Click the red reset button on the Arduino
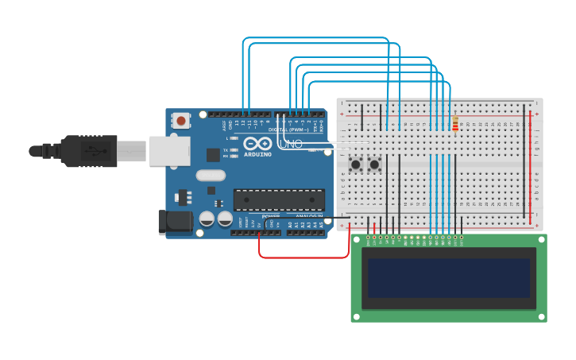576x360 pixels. point(181,121)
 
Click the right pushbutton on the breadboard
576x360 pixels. point(374,165)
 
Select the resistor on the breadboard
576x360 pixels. point(455,124)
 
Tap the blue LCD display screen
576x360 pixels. point(448,277)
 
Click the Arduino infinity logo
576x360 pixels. point(258,144)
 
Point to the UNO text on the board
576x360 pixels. point(292,144)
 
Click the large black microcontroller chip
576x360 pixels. point(278,199)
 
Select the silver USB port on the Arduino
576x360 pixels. point(169,151)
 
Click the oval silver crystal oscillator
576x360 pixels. point(211,176)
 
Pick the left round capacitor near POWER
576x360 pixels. point(207,219)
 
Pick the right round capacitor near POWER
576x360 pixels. point(225,219)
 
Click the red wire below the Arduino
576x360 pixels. point(302,257)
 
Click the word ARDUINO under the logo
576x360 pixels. point(258,154)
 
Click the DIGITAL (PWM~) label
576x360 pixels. point(288,129)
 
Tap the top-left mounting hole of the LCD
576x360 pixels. point(357,239)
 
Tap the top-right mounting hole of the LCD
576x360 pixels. point(541,239)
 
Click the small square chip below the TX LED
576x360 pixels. point(213,155)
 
